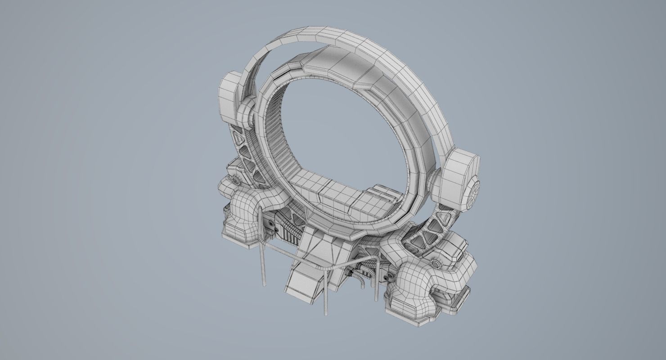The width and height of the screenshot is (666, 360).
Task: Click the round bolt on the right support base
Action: point(435,263)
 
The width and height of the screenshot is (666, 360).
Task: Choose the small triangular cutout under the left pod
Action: point(241,135)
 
